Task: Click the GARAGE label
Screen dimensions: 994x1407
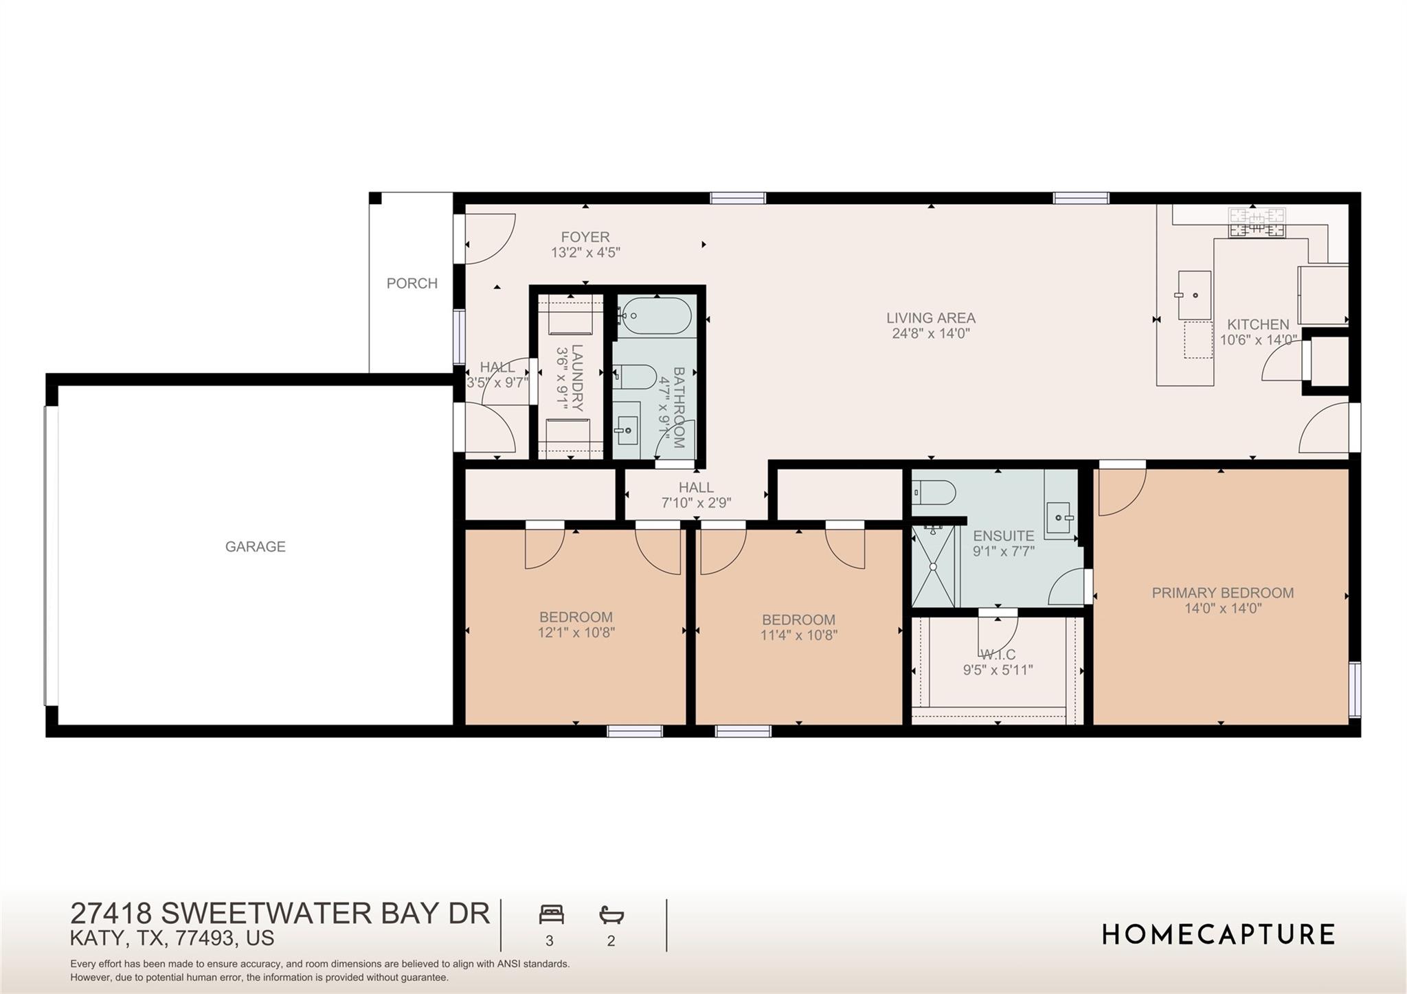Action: pyautogui.click(x=255, y=547)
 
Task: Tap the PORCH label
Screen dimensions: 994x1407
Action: pyautogui.click(x=412, y=284)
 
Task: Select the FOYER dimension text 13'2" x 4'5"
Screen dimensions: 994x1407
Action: pyautogui.click(x=585, y=253)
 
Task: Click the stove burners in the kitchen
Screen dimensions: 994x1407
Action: pyautogui.click(x=1257, y=223)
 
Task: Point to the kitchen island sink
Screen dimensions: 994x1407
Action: pyautogui.click(x=1194, y=295)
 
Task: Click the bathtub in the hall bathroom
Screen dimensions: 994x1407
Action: pyautogui.click(x=653, y=317)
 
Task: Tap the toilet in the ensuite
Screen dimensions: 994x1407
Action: pyautogui.click(x=934, y=493)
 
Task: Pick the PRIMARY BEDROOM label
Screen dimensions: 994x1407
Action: pyautogui.click(x=1222, y=593)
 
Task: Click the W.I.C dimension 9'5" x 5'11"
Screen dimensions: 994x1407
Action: pyautogui.click(x=998, y=670)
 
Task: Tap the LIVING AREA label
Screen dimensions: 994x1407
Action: pyautogui.click(x=930, y=318)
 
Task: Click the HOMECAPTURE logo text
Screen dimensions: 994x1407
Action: pyautogui.click(x=1218, y=935)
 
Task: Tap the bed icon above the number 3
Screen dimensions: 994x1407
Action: pyautogui.click(x=551, y=914)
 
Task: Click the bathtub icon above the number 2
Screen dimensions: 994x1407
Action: pyautogui.click(x=611, y=914)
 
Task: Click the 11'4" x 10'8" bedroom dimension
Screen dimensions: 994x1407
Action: pyautogui.click(x=798, y=635)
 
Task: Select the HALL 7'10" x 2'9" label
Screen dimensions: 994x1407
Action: pyautogui.click(x=696, y=495)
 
